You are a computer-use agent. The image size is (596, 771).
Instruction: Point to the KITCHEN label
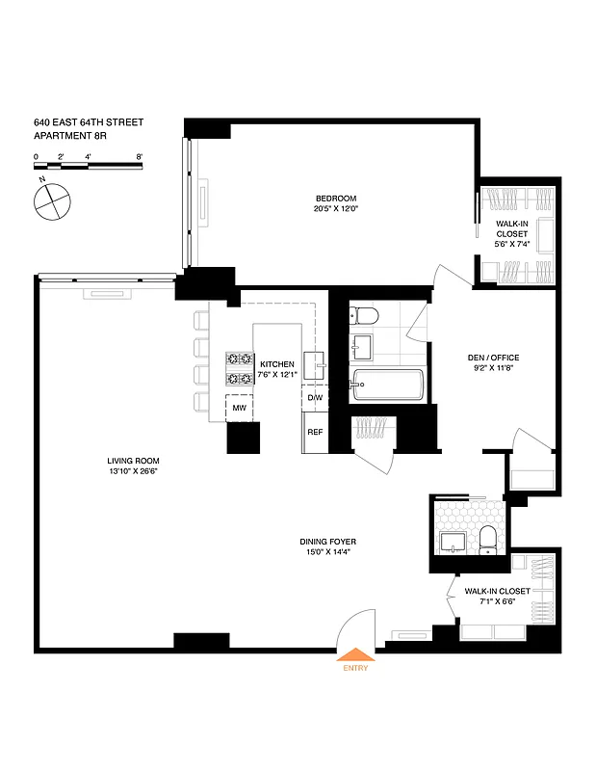point(277,364)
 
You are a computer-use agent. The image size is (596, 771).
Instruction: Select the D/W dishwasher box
point(314,398)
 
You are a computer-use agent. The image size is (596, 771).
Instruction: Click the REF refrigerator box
point(314,431)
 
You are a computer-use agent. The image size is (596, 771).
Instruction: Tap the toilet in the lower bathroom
point(487,539)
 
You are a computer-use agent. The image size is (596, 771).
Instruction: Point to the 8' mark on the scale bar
point(140,156)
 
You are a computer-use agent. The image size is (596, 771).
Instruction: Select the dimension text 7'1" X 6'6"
point(497,601)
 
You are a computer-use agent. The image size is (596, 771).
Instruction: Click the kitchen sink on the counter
point(321,363)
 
